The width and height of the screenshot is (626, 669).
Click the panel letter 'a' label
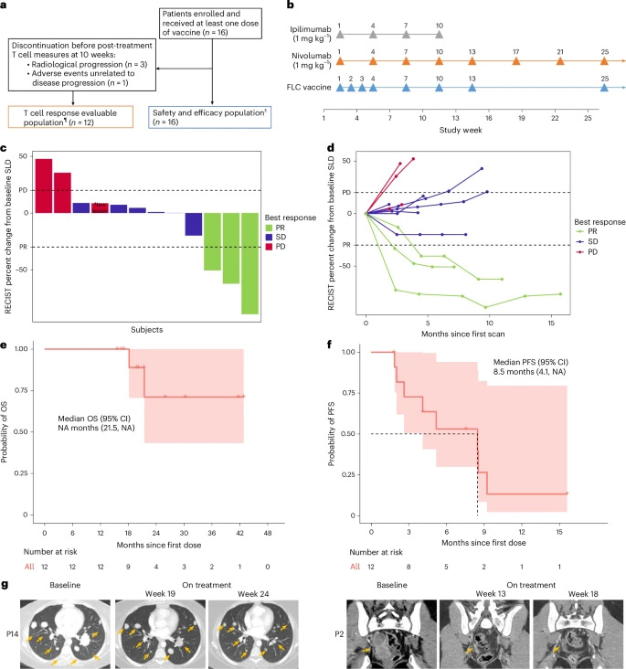(x=5, y=5)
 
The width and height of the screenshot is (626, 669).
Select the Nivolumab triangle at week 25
(x=604, y=61)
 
